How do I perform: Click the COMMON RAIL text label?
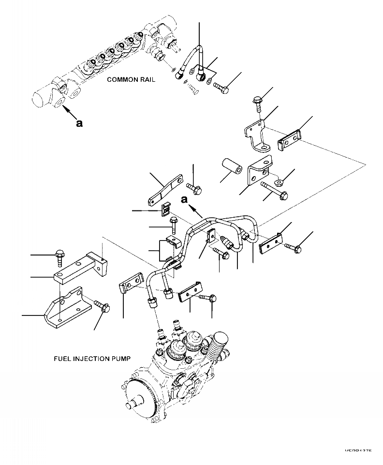(x=131, y=80)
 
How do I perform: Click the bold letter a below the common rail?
(x=79, y=123)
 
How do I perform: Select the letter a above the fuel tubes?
(x=184, y=199)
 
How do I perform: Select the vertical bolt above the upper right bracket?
(x=256, y=104)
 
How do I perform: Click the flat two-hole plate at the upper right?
(x=289, y=141)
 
